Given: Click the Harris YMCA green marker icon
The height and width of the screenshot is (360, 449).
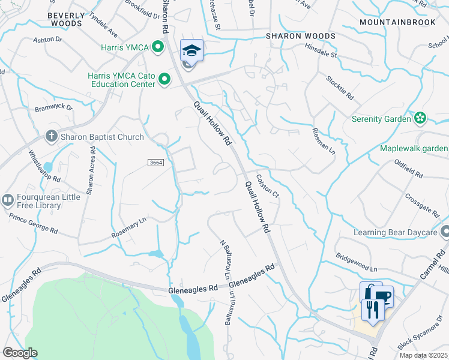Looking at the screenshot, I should (158, 46).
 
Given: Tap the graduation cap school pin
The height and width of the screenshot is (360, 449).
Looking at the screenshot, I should (191, 50).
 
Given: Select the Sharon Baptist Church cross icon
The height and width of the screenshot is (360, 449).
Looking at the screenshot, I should (52, 136).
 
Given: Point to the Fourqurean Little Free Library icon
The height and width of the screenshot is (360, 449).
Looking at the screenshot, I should (8, 200).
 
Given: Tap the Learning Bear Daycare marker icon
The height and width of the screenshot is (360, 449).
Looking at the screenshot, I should (445, 232).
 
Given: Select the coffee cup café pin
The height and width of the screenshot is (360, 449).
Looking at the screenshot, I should (381, 296).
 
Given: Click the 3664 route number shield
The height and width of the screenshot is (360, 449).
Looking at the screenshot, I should (155, 163).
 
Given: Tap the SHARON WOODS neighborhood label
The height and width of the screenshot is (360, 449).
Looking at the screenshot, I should (301, 36).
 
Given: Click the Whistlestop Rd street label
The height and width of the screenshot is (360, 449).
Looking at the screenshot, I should (45, 166).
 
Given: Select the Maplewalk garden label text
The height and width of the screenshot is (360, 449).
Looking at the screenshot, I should (414, 148).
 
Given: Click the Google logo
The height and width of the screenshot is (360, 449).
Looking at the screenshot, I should (20, 352).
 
